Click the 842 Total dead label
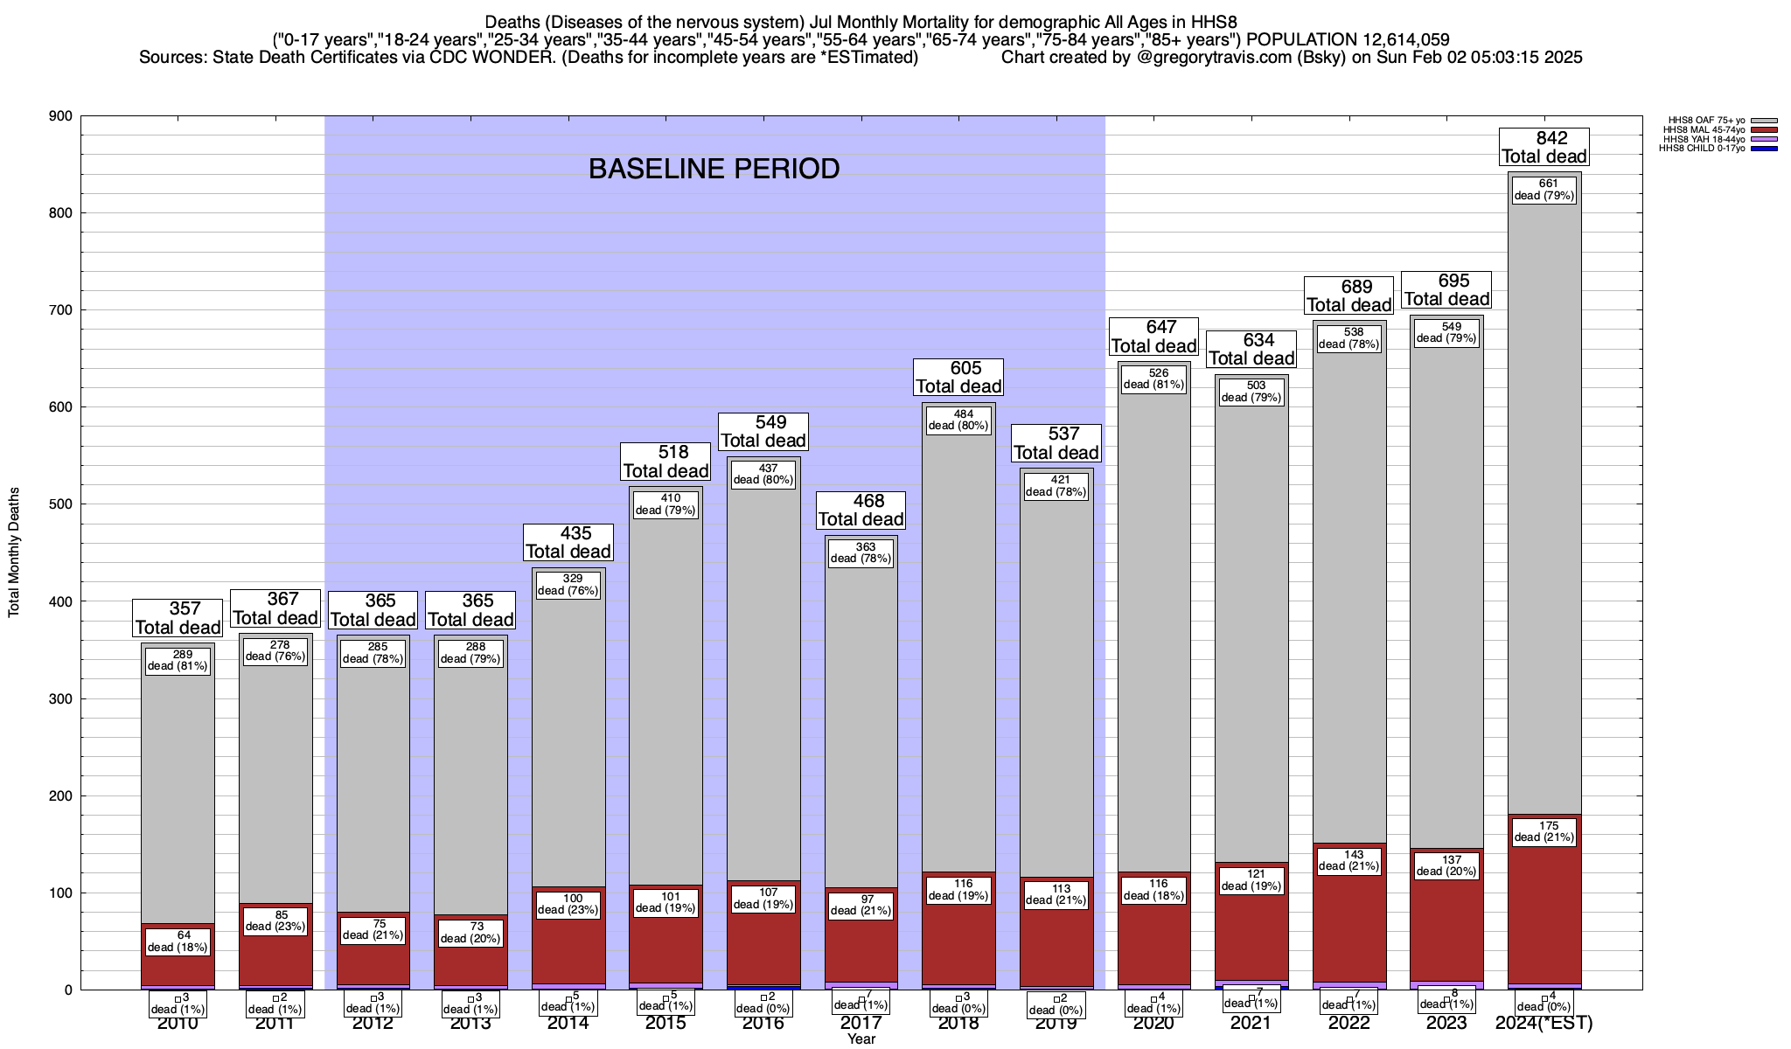pyautogui.click(x=1544, y=147)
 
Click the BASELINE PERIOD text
pyautogui.click(x=714, y=169)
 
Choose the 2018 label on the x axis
pyautogui.click(x=958, y=1024)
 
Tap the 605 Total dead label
pyautogui.click(x=958, y=378)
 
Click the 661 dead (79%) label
pyautogui.click(x=1544, y=190)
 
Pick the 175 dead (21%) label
pyautogui.click(x=1544, y=831)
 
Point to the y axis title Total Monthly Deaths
pyautogui.click(x=14, y=552)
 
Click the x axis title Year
pyautogui.click(x=861, y=1039)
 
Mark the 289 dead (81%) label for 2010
pyautogui.click(x=178, y=660)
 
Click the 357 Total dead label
pyautogui.click(x=178, y=618)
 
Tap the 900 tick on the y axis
pyautogui.click(x=61, y=116)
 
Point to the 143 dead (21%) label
pyautogui.click(x=1348, y=861)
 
